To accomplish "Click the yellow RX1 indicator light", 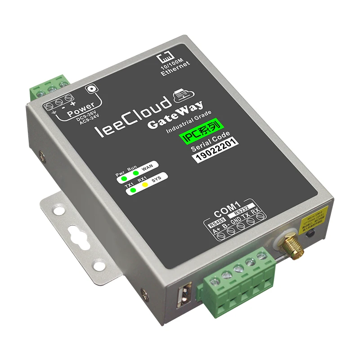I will [146, 185].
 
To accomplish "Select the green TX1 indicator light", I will [132, 191].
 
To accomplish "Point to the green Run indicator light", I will [135, 173].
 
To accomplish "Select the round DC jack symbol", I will [94, 89].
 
